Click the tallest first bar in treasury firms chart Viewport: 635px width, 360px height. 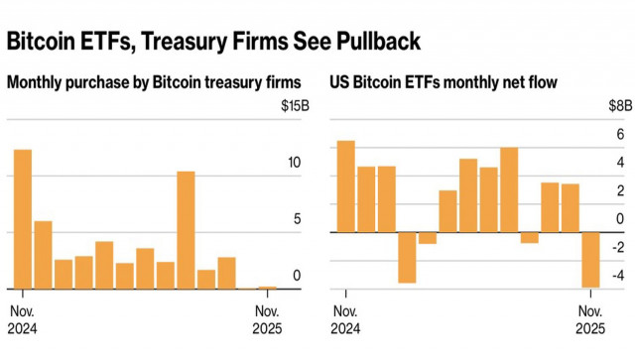click(x=22, y=219)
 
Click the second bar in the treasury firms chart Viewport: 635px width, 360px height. click(x=43, y=255)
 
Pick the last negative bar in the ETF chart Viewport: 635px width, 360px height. click(x=591, y=260)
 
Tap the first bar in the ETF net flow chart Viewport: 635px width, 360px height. click(x=345, y=186)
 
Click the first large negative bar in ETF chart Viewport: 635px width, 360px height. click(x=407, y=257)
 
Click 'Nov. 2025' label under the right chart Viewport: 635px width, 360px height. click(x=591, y=319)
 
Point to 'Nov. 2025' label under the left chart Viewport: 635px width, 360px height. click(x=267, y=319)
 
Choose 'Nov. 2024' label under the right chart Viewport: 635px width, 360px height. click(x=345, y=319)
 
